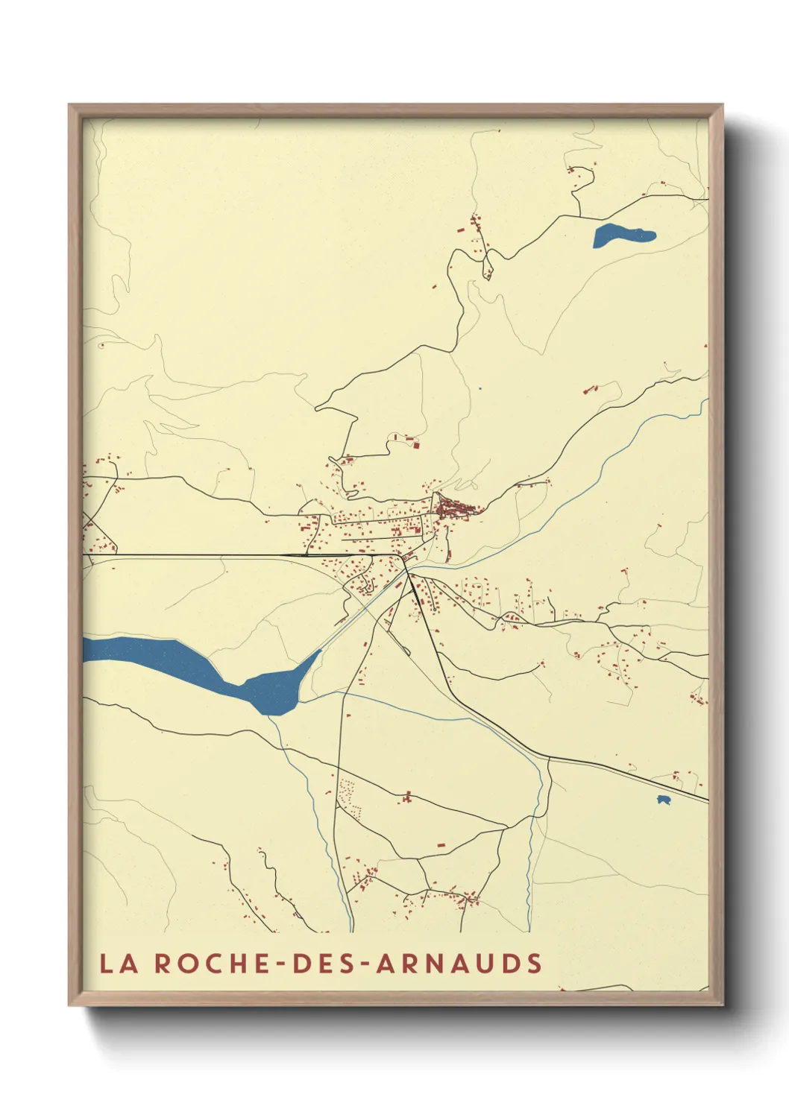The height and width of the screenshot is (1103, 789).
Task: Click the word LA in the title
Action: click(x=119, y=963)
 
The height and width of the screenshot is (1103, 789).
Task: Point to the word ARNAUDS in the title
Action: click(x=459, y=963)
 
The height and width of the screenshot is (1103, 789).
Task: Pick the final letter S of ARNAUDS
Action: click(x=534, y=963)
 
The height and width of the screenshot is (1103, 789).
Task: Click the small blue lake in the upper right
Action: click(x=623, y=235)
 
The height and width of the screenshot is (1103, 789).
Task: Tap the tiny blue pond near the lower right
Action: click(x=662, y=800)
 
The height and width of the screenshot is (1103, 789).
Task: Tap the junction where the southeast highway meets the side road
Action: click(x=550, y=758)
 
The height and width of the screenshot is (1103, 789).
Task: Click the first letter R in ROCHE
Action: click(x=163, y=963)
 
